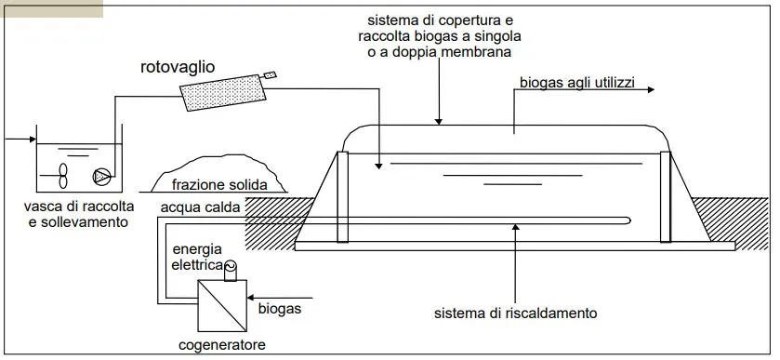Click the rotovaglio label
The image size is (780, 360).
(x=178, y=68)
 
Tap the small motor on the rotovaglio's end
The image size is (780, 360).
(x=271, y=73)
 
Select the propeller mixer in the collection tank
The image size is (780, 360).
(x=62, y=174)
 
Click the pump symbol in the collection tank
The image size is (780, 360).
(x=100, y=175)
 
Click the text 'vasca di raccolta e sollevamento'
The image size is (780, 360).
(x=81, y=213)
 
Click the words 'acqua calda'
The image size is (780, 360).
(x=200, y=207)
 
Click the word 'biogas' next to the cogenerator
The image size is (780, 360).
(x=279, y=305)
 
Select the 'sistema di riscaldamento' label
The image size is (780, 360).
(x=515, y=313)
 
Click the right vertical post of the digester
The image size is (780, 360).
(x=666, y=196)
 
